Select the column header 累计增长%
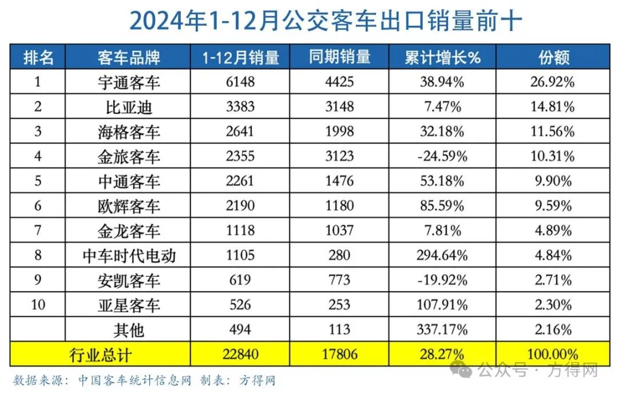tap(442, 57)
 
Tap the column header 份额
tap(553, 57)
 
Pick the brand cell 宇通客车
tap(129, 82)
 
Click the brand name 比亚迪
tap(129, 107)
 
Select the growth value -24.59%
tap(442, 157)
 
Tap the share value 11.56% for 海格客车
tap(553, 132)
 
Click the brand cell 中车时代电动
tap(129, 256)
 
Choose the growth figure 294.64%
tap(442, 256)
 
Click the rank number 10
tap(38, 305)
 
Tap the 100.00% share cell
tap(553, 355)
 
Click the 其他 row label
tap(129, 330)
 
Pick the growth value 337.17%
tap(442, 330)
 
